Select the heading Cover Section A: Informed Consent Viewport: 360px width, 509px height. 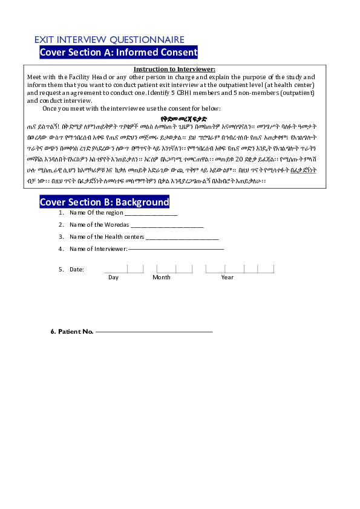tap(119, 53)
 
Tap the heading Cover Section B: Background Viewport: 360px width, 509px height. tap(105, 201)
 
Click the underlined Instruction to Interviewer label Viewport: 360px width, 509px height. tap(174, 70)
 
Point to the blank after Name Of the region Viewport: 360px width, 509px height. tap(151, 213)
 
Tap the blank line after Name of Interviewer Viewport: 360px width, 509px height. tap(176, 248)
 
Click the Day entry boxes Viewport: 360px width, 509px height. tap(123, 269)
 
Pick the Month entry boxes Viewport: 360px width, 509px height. tap(165, 269)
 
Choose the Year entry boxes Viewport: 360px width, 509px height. tap(240, 269)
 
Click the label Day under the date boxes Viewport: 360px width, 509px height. tap(114, 277)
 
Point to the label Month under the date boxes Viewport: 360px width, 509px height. tap(162, 277)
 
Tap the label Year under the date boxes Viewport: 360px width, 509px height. tap(227, 277)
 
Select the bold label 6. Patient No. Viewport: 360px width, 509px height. tap(72, 332)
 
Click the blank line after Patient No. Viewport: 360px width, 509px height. tap(154, 332)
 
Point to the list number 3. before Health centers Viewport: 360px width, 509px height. tap(61, 237)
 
